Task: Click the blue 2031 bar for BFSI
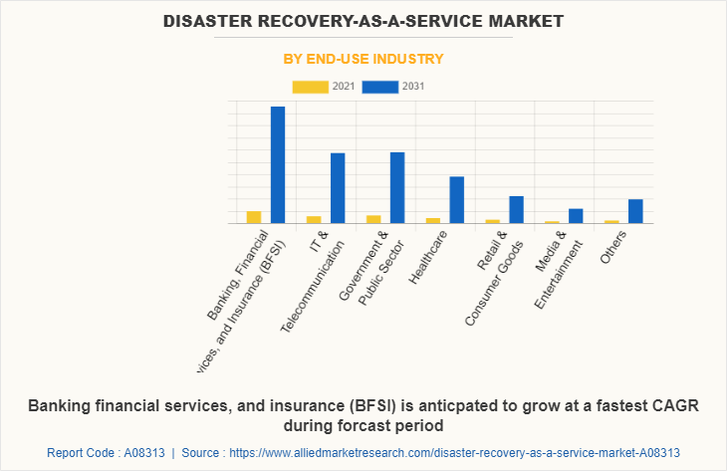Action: tap(278, 165)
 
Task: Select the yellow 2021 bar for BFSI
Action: tap(254, 217)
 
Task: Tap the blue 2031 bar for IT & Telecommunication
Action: tap(338, 188)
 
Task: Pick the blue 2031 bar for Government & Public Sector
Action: tap(397, 188)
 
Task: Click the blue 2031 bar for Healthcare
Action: tap(456, 200)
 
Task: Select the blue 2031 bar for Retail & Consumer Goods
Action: tap(516, 210)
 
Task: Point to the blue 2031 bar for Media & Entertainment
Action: tap(576, 216)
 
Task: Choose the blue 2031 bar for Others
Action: tap(635, 211)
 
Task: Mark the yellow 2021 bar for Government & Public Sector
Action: tap(373, 219)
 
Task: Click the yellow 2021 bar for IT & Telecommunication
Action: tap(314, 219)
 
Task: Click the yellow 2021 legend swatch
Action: tap(310, 87)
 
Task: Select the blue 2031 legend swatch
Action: tap(379, 87)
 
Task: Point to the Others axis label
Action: tap(612, 246)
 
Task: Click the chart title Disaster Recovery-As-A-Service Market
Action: tap(363, 20)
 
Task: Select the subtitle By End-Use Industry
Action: tap(363, 59)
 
